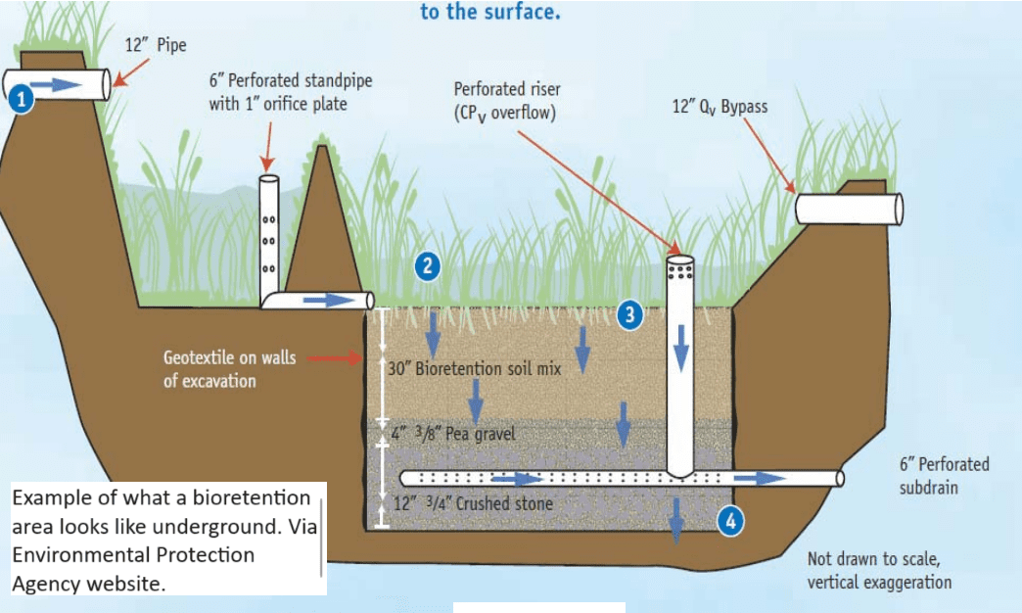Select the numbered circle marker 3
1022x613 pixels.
point(630,314)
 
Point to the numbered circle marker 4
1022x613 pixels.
point(729,521)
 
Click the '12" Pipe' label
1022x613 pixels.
point(156,45)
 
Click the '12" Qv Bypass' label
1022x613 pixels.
point(720,107)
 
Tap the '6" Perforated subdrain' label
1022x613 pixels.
point(944,475)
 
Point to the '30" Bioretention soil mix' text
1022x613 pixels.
point(475,370)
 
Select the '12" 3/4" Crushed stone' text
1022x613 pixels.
point(472,504)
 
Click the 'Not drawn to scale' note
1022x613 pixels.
point(878,570)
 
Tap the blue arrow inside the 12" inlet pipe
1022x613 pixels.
point(56,85)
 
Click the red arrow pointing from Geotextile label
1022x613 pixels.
point(335,358)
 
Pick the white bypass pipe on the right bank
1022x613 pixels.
point(848,209)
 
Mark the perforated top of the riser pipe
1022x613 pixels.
point(680,267)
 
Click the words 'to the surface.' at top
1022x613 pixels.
point(489,14)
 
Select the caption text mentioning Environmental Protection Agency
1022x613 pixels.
point(162,541)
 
